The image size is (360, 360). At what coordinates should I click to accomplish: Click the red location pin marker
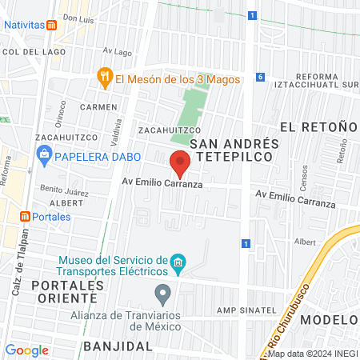[180, 163]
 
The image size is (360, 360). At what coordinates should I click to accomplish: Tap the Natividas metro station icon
[52, 25]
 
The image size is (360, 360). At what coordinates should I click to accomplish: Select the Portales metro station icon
[25, 217]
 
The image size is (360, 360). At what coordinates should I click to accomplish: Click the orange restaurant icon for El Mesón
[104, 78]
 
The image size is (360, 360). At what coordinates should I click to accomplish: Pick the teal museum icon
[178, 262]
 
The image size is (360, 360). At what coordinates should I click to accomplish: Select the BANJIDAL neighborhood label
[117, 346]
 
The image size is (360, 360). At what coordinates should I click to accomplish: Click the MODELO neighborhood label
[330, 320]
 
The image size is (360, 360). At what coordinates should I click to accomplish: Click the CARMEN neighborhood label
[98, 106]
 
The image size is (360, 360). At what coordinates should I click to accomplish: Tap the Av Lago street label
[118, 52]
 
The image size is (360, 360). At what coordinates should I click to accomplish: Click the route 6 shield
[260, 77]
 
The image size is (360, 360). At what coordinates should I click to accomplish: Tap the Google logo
[26, 350]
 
